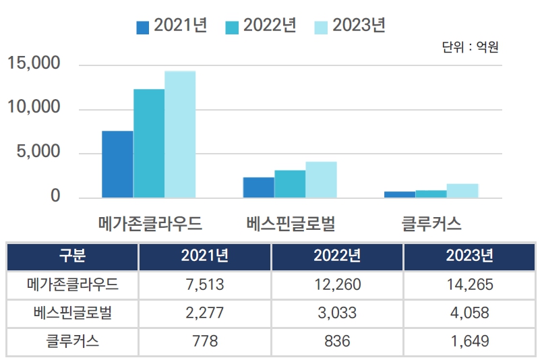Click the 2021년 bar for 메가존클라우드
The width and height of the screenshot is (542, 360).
(117, 164)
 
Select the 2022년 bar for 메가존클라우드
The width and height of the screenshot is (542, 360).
(149, 143)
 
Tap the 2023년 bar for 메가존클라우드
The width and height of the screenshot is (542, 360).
(180, 134)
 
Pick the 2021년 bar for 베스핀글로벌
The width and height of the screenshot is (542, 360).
(259, 187)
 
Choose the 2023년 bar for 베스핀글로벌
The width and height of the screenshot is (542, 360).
(321, 179)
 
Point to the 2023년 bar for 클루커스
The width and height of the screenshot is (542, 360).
(462, 191)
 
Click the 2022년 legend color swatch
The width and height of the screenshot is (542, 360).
(232, 27)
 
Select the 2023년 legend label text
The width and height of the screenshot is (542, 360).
(359, 26)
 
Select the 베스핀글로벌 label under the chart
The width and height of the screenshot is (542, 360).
(291, 222)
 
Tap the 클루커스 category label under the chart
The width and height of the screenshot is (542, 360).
(431, 222)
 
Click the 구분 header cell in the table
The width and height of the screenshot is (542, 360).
(72, 256)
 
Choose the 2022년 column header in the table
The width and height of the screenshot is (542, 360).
(337, 256)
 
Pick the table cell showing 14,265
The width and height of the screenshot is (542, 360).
(470, 284)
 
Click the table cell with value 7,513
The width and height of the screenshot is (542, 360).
(204, 284)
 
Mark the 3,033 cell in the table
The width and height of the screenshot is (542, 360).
(337, 313)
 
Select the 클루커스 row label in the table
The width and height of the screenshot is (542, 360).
(72, 341)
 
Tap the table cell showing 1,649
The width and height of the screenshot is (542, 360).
(470, 341)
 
